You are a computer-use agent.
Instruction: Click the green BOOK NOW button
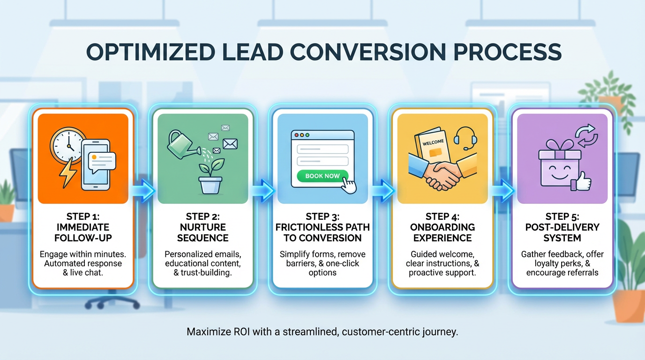322,176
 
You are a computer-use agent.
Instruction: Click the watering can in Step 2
183,143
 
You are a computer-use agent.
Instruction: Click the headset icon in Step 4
465,137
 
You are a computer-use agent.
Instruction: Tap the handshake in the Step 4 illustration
442,172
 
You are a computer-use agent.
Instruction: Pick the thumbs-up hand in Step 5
582,180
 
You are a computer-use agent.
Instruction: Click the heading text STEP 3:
322,217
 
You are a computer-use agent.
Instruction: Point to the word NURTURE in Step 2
202,227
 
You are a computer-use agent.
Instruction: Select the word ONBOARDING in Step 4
442,227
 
